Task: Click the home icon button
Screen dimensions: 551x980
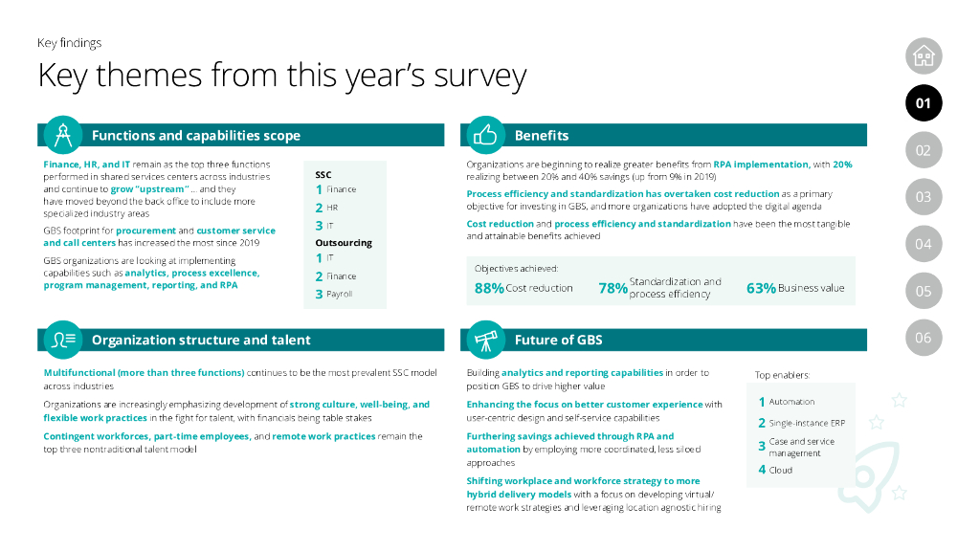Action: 923,55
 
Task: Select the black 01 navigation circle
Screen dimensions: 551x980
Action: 923,103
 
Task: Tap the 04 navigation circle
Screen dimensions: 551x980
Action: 923,244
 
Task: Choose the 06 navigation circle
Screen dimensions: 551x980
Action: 923,338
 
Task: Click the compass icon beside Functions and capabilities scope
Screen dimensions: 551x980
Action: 60,135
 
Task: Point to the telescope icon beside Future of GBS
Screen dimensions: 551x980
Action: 484,340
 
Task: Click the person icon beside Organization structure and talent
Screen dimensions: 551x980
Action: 60,340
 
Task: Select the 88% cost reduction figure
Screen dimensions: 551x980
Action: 489,288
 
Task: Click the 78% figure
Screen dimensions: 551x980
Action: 612,288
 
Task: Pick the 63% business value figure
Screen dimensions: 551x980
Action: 761,288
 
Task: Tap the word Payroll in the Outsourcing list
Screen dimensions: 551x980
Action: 339,295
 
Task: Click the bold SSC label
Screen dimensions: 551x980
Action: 323,175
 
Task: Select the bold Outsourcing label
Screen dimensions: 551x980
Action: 344,243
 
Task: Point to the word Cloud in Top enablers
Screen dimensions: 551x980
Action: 780,470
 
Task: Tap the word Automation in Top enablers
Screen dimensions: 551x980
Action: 791,402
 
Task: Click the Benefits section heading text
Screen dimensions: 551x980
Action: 542,136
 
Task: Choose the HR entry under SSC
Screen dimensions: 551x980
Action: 332,208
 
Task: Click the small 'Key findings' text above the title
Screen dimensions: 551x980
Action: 69,43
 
